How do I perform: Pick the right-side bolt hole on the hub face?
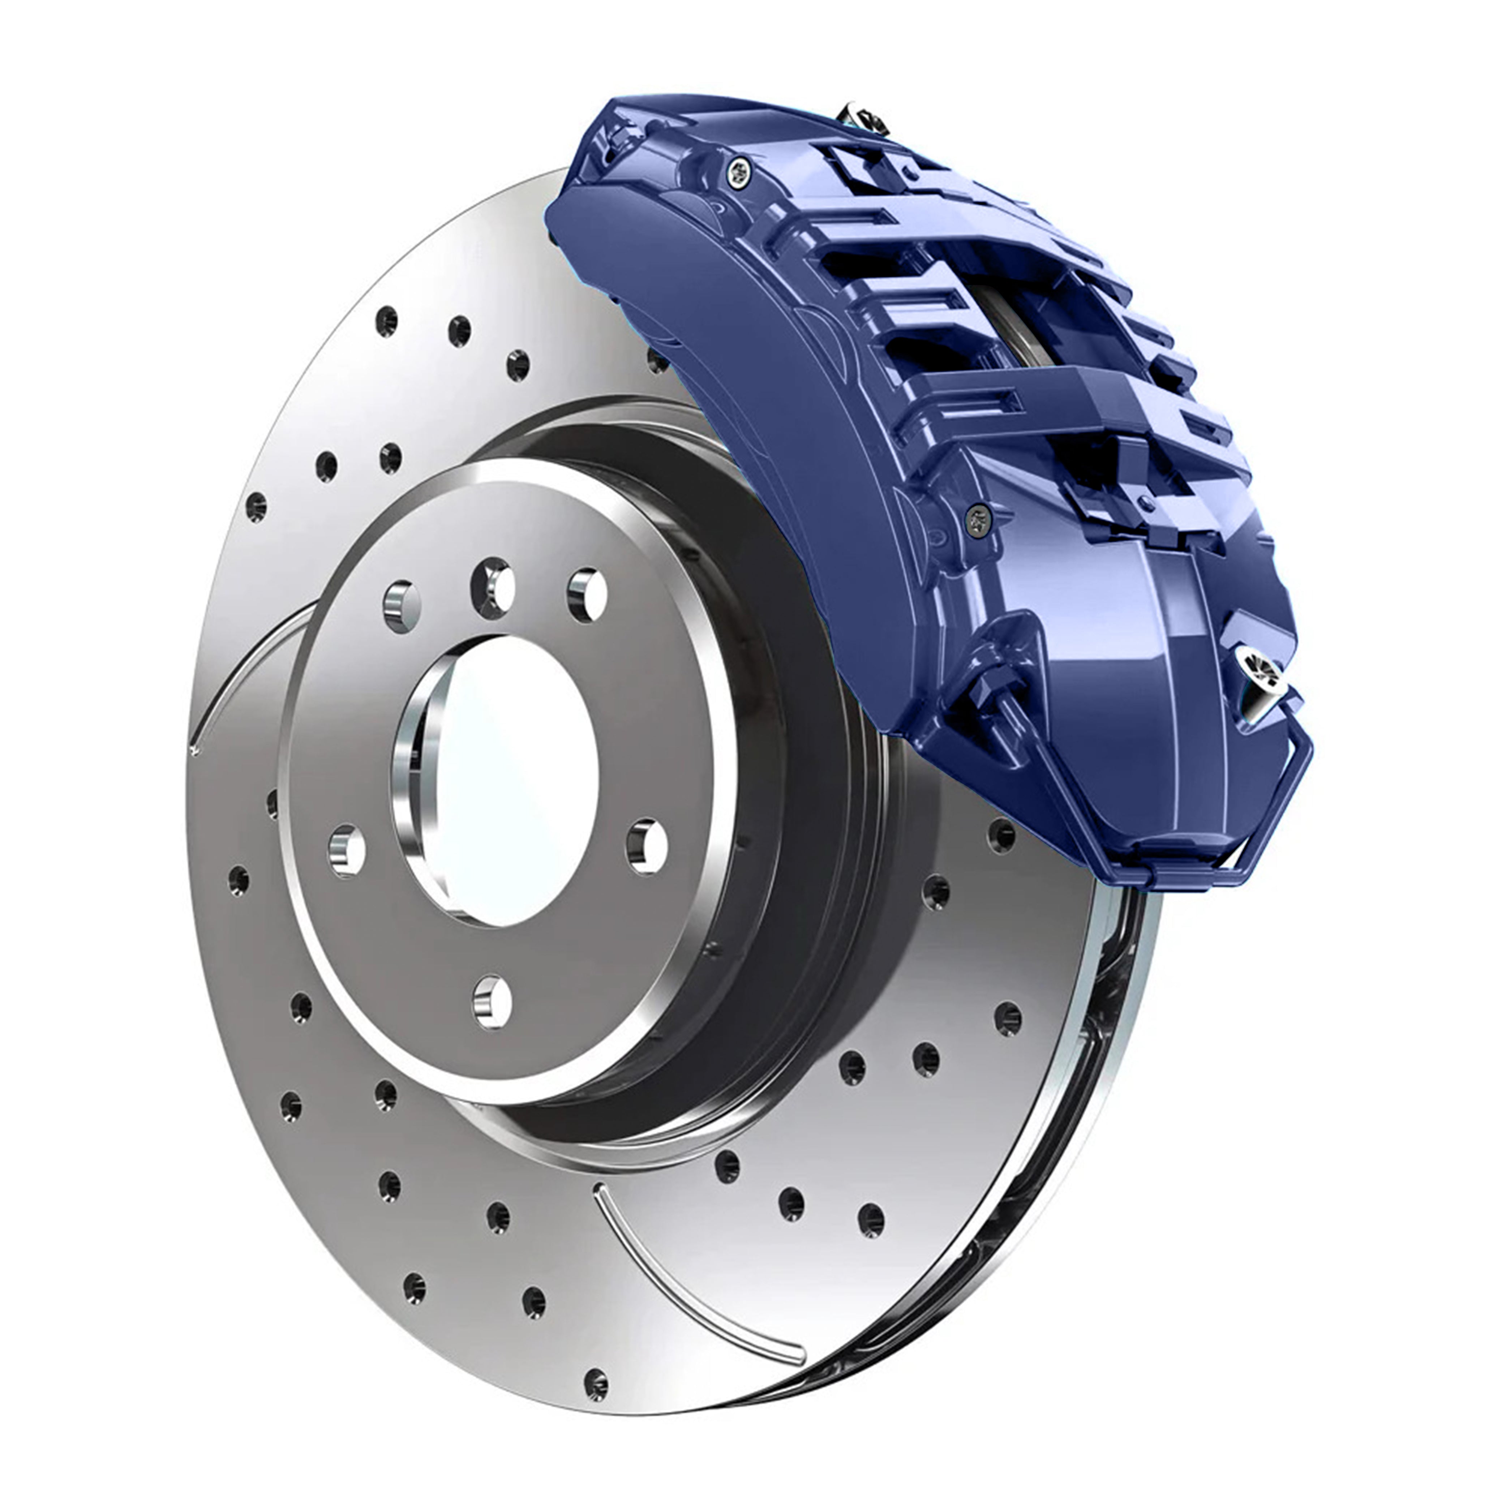point(647,846)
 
